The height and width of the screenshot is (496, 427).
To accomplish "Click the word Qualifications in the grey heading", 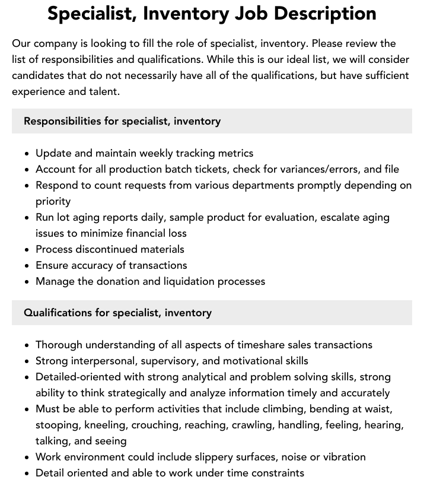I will click(x=58, y=313).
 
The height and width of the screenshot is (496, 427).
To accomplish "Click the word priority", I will click(x=53, y=201).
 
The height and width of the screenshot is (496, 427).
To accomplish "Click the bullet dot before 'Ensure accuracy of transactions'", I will click(x=27, y=265).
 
